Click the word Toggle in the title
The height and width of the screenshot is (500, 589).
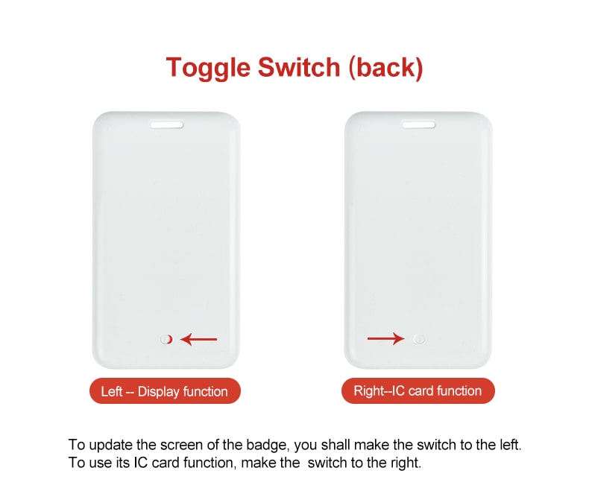(208, 69)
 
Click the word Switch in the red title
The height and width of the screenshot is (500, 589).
(299, 67)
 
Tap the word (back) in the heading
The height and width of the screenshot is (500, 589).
(385, 68)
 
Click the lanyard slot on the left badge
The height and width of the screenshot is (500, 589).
(167, 124)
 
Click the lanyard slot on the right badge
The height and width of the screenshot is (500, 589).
(419, 124)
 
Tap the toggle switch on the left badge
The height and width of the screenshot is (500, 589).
(166, 339)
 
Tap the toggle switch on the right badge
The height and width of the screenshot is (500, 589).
(419, 339)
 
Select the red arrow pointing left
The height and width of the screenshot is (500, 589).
(199, 339)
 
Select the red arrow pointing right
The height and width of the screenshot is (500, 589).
(386, 339)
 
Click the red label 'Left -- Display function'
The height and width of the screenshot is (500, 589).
(165, 391)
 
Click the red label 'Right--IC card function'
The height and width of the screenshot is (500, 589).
(418, 390)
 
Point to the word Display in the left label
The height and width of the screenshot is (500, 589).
(159, 392)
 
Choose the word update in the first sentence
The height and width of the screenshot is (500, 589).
(111, 446)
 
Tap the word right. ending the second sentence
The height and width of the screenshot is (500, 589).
(406, 463)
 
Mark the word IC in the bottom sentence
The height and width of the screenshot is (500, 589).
(140, 463)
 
